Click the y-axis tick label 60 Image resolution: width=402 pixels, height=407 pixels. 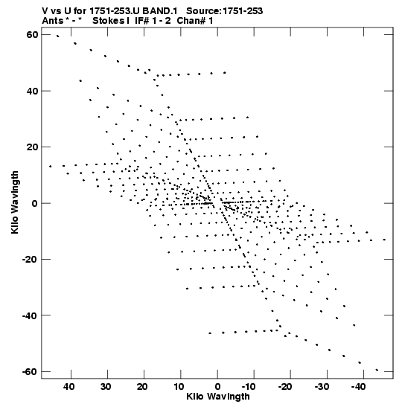pyautogui.click(x=32, y=34)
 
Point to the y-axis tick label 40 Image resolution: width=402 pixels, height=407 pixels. pyautogui.click(x=32, y=91)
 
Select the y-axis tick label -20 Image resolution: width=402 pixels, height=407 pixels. pyautogui.click(x=30, y=260)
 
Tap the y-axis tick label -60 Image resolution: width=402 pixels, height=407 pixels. pyautogui.click(x=30, y=371)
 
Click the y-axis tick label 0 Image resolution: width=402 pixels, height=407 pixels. pyautogui.click(x=35, y=203)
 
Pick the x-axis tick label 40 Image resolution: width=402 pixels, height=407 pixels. pyautogui.click(x=69, y=387)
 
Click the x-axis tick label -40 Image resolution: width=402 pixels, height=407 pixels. pyautogui.click(x=358, y=387)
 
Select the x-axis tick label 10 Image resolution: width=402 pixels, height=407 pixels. pyautogui.click(x=179, y=387)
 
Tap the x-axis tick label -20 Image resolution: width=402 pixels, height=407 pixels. pyautogui.click(x=285, y=387)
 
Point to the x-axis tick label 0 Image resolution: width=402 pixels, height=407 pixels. pyautogui.click(x=217, y=387)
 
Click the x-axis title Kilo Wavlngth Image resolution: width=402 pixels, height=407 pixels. pyautogui.click(x=218, y=397)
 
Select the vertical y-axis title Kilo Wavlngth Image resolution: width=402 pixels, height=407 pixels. pyautogui.click(x=15, y=202)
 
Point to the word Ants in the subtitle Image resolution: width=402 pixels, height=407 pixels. pyautogui.click(x=53, y=21)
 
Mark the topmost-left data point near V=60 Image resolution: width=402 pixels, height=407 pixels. pyautogui.click(x=57, y=36)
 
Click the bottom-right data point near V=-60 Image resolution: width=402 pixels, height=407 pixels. pyautogui.click(x=377, y=370)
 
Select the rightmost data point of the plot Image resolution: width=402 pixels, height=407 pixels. pyautogui.click(x=384, y=240)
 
